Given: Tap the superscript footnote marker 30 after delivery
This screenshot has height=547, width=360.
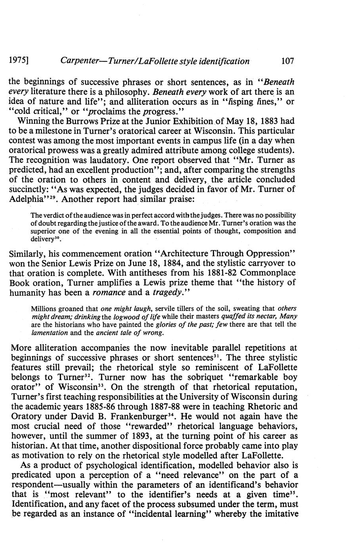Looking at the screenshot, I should [x=57, y=238].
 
